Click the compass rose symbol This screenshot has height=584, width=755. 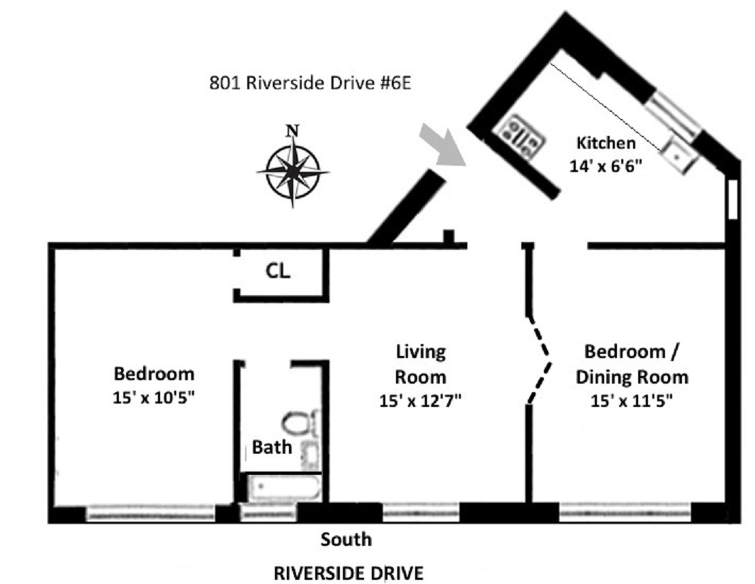coord(293,172)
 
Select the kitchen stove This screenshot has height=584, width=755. coord(522,136)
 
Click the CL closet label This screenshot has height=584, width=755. coord(278,271)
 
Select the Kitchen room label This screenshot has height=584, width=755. coord(606,143)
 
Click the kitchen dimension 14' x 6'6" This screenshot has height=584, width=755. coord(606,166)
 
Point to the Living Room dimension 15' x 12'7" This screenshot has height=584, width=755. coord(421,401)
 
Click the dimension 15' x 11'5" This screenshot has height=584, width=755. coord(631,401)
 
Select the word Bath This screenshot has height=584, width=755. coord(272,447)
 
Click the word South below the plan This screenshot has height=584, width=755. coord(346,539)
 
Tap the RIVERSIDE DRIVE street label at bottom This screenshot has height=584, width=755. coord(348,573)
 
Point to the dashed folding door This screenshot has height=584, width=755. coord(540,360)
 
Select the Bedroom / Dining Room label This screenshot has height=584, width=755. coord(631,364)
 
